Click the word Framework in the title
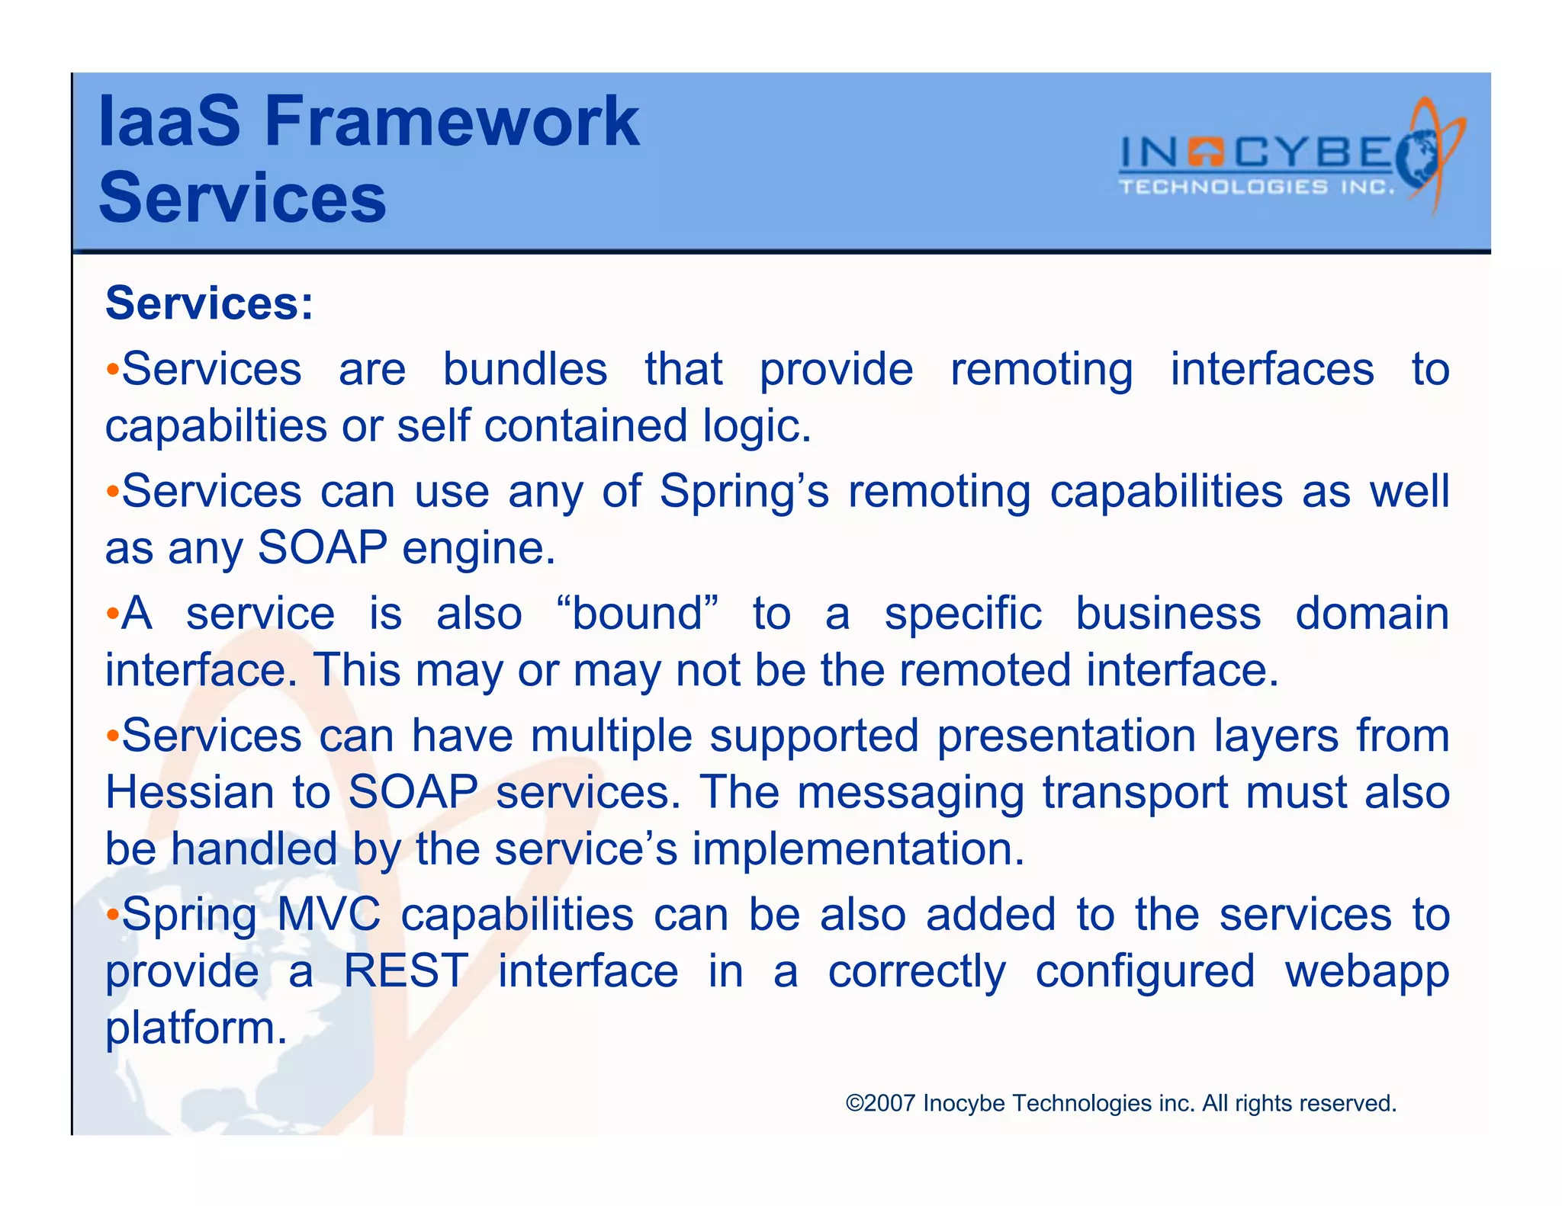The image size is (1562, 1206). point(452,122)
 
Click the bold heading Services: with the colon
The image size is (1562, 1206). point(209,303)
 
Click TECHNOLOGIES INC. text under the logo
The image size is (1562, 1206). point(1256,188)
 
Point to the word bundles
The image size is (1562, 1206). point(525,370)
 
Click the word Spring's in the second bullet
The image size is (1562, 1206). point(744,492)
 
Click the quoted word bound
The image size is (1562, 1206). point(638,614)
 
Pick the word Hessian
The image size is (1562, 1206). point(189,792)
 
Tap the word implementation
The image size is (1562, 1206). point(857,849)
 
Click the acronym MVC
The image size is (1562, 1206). point(329,914)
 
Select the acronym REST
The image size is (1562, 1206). point(405,971)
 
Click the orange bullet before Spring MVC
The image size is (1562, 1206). point(112,914)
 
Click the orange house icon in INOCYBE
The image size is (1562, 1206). point(1206,152)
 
